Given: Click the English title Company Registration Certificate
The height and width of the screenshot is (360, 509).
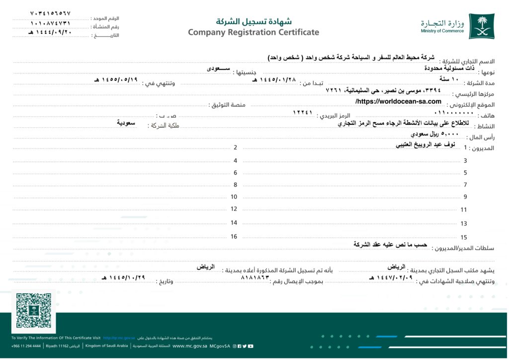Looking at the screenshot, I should (254, 32).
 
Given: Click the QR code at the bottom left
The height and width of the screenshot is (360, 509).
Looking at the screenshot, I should (34, 310).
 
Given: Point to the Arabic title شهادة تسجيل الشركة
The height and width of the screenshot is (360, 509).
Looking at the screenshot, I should (254, 21).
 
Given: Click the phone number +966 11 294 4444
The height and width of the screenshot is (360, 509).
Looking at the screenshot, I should (26, 346).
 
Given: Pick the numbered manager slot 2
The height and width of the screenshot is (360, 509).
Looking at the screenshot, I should (235, 147).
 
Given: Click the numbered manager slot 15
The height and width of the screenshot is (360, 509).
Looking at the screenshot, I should (464, 238).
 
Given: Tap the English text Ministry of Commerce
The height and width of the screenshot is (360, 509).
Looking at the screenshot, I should (442, 31).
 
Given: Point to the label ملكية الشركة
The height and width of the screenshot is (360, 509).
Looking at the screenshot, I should (164, 125).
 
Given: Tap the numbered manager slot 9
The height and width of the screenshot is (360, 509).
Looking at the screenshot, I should (465, 197).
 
